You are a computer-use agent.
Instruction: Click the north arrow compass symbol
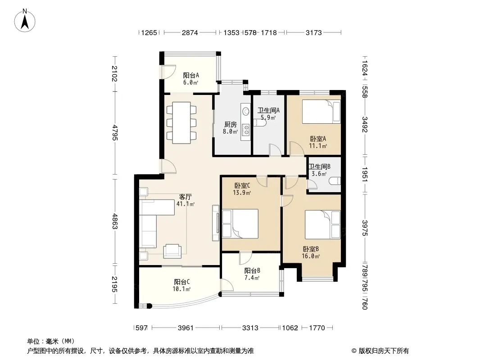(25, 20)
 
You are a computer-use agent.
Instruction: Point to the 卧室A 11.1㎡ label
(318, 142)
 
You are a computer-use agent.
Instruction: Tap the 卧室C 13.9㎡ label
(242, 189)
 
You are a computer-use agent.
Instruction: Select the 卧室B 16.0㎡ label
(311, 253)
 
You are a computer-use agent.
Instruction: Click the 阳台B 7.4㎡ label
(252, 274)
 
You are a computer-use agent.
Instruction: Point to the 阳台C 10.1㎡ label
(182, 285)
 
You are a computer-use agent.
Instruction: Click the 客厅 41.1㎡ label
(186, 200)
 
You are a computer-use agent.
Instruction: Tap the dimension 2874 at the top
(190, 32)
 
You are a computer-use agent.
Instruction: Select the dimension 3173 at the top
(314, 32)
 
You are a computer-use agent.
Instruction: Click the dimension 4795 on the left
(115, 132)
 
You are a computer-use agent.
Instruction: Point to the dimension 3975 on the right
(364, 228)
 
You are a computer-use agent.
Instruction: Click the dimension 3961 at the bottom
(186, 328)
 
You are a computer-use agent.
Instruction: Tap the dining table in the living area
(181, 123)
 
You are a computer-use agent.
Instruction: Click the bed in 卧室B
(323, 225)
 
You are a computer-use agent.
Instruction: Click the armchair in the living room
(172, 251)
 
